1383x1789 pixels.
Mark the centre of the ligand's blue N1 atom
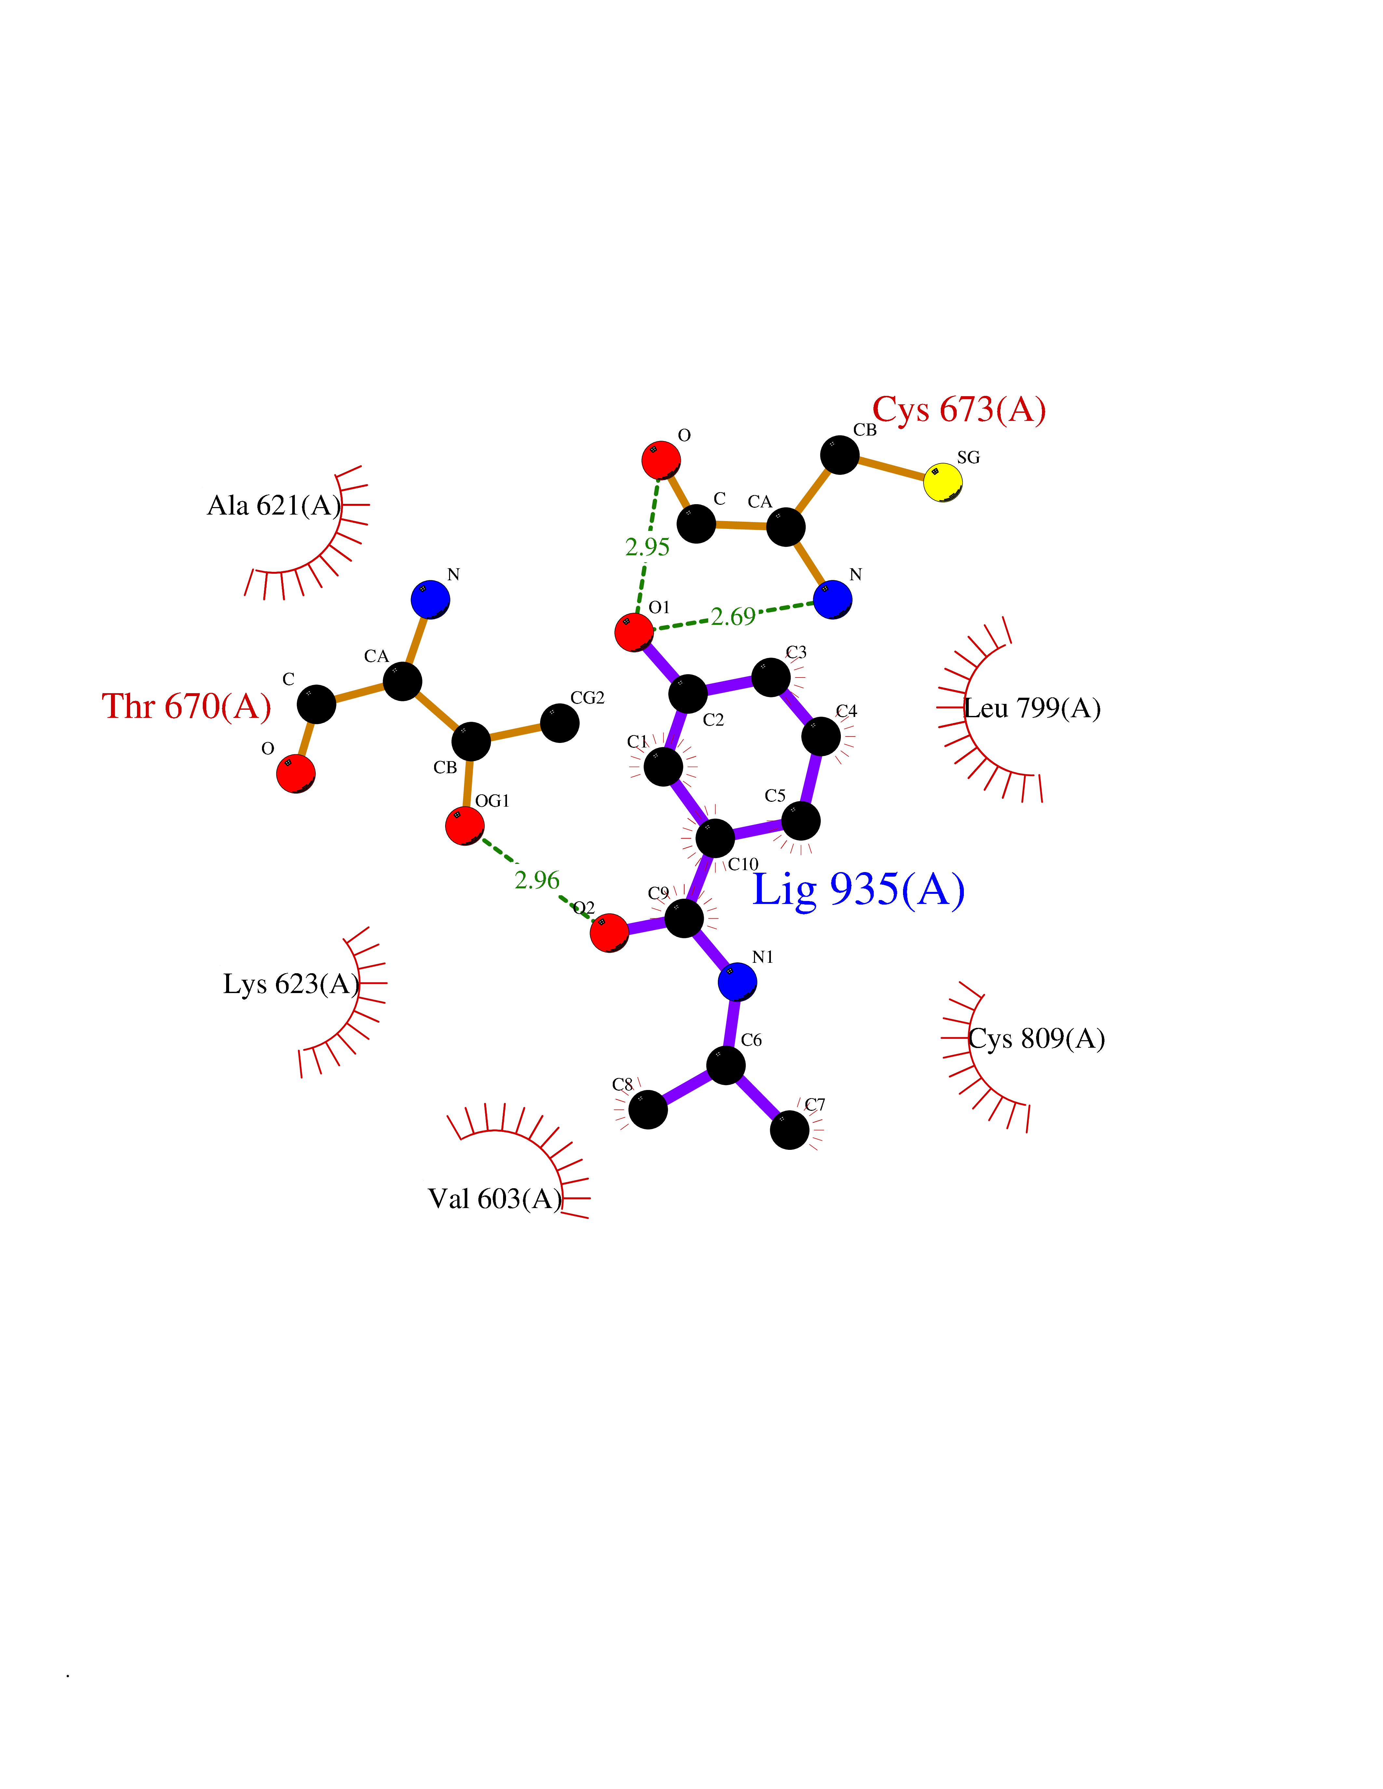pos(737,981)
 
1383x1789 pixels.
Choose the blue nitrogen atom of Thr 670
pos(430,599)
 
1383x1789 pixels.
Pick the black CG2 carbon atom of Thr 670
pos(560,723)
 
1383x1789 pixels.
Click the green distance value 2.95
pos(647,547)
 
